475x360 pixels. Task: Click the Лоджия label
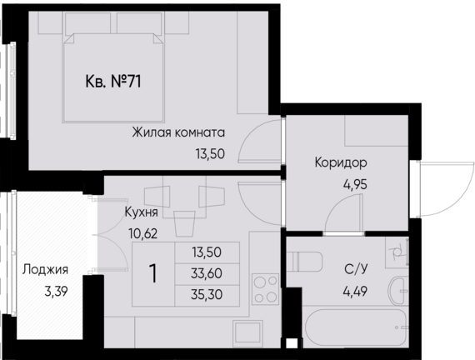[x=45, y=269]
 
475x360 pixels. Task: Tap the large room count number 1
[x=153, y=272]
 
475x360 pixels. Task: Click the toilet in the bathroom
[x=308, y=262]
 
